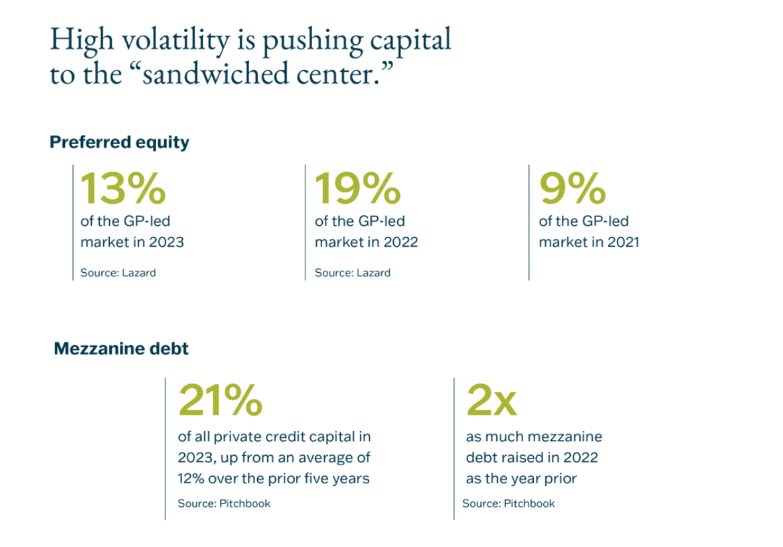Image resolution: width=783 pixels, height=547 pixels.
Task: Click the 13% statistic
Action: tap(123, 188)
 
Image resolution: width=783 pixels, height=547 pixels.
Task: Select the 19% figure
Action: tap(358, 188)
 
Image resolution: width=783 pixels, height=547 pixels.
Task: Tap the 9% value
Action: tap(573, 188)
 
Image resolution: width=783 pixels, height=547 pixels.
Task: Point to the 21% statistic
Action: tap(219, 400)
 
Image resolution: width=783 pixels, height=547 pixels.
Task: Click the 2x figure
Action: tap(491, 400)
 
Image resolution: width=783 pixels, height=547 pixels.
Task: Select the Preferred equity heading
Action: tap(119, 142)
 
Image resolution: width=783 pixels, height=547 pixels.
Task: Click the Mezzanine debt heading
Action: tap(121, 349)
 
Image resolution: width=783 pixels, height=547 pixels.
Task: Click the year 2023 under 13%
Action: tap(167, 242)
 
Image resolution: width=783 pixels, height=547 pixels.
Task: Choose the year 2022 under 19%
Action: tap(402, 242)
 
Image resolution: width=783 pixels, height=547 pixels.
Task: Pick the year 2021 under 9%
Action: tap(624, 242)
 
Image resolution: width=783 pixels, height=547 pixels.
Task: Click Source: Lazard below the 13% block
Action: tap(118, 273)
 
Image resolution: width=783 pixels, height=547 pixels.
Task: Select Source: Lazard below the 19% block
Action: tap(352, 273)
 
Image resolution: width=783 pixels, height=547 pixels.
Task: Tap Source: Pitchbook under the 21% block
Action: tap(224, 503)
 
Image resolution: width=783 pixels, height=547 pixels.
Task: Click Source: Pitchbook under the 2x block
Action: tap(508, 503)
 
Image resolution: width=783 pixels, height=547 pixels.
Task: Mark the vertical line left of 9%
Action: tap(528, 222)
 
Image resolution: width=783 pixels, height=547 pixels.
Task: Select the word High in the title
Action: tap(74, 42)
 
